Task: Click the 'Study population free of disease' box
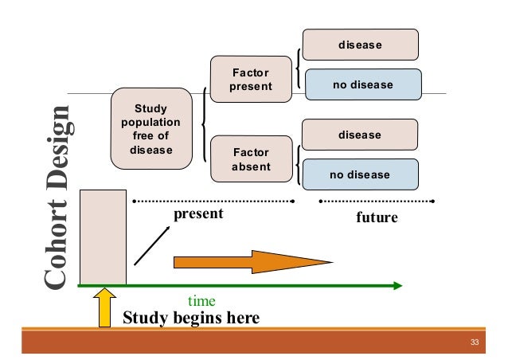[x=151, y=128]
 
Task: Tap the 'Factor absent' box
[x=251, y=158]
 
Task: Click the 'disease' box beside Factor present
[x=360, y=45]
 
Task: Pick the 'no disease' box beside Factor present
[x=360, y=84]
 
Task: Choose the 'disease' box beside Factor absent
[x=360, y=135]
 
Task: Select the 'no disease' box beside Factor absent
[x=360, y=174]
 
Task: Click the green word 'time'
[x=201, y=302]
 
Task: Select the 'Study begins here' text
[x=191, y=319]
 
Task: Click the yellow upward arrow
[x=104, y=307]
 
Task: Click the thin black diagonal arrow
[x=150, y=245]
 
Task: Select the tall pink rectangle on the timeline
[x=103, y=237]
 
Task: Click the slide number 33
[x=475, y=343]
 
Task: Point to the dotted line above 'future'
[x=377, y=200]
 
